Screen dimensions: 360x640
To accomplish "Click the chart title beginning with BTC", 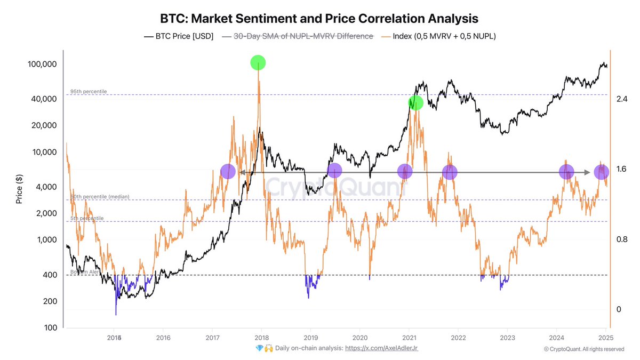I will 319,18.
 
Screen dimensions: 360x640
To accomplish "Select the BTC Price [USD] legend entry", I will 179,36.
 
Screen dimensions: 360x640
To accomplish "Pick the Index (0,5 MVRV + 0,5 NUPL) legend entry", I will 441,36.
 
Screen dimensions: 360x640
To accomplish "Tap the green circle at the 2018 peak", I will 258,62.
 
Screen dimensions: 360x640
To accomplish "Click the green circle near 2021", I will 415,102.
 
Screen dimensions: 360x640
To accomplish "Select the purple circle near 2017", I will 228,172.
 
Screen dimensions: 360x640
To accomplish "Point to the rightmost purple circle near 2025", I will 602,172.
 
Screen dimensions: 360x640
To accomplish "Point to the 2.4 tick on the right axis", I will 621,99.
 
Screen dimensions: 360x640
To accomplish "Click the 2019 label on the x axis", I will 310,338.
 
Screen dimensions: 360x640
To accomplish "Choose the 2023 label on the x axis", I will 507,338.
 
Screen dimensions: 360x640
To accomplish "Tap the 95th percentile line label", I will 89,91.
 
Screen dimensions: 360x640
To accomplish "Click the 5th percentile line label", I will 87,218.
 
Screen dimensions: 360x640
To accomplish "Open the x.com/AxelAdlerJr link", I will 385,348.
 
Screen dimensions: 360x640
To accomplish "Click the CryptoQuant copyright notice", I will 583,349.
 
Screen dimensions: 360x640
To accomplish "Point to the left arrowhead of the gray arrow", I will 241,172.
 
